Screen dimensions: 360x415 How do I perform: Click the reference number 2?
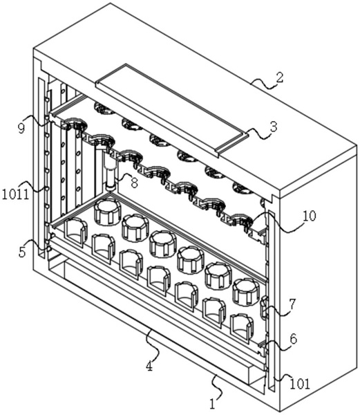[x=280, y=77]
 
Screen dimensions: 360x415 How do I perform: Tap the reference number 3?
[x=274, y=127]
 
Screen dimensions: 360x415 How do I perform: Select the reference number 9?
[x=21, y=128]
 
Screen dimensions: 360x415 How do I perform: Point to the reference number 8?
[x=134, y=183]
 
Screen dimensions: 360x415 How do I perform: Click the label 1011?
[x=15, y=194]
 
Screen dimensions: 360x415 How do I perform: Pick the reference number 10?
[x=310, y=216]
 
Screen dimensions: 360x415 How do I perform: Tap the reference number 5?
[x=22, y=252]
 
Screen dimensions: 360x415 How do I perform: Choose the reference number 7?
[x=292, y=305]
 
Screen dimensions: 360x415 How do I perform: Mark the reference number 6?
[x=294, y=339]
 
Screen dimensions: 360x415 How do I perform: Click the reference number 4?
[x=150, y=367]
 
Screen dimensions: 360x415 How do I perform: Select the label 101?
[x=300, y=383]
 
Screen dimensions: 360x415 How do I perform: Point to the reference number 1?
[x=213, y=404]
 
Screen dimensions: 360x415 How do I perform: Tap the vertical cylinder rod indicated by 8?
[x=111, y=171]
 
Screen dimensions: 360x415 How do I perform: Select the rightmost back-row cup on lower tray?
[x=246, y=292]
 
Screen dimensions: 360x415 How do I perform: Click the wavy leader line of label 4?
[x=153, y=346]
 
